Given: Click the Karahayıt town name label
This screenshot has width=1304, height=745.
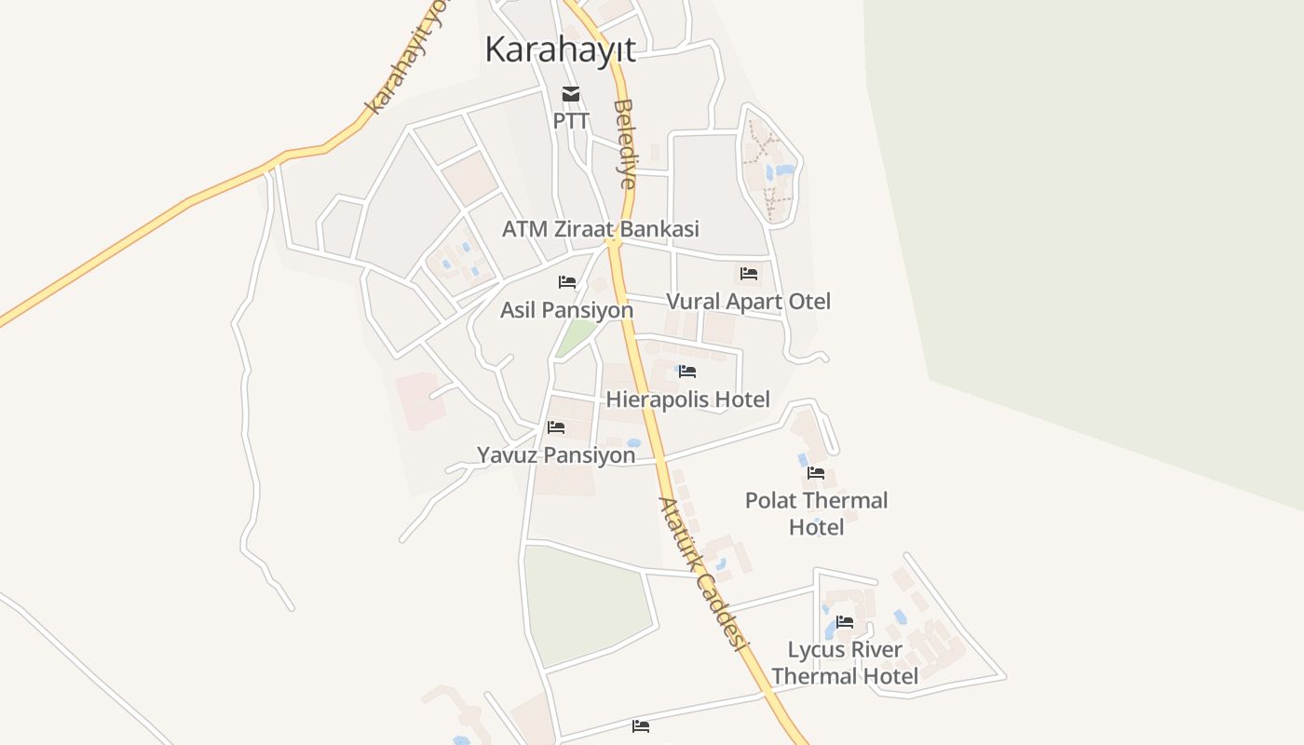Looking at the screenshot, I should click(x=560, y=49).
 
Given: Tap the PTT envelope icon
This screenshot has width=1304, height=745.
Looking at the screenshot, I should click(x=571, y=94).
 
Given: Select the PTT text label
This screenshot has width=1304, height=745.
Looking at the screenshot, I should click(x=571, y=121).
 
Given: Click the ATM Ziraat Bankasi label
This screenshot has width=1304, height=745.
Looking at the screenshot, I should click(x=600, y=229).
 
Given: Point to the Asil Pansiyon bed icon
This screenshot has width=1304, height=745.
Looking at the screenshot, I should click(x=567, y=282).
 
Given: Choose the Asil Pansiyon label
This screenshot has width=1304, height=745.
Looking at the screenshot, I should click(x=566, y=310).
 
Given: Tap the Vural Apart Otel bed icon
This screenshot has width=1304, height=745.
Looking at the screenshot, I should click(x=749, y=274).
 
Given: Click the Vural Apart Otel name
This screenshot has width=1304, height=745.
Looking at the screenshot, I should click(x=748, y=302).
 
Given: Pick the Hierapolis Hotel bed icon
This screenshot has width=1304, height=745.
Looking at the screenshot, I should click(x=687, y=372).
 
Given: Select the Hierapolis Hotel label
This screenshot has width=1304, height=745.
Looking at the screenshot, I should click(x=687, y=400).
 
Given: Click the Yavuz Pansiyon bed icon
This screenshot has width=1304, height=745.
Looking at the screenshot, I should click(x=556, y=427).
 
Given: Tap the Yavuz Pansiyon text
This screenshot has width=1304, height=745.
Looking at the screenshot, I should click(x=556, y=455).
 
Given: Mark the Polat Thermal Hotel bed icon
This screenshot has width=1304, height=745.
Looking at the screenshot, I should click(x=816, y=473).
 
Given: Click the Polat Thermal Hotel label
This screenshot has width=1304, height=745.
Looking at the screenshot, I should click(x=816, y=513).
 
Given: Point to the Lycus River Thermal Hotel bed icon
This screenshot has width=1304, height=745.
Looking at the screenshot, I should click(x=845, y=622).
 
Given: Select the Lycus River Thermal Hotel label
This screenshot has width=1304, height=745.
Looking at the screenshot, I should click(x=845, y=662).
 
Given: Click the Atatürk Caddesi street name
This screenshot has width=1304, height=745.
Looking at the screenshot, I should click(x=704, y=573).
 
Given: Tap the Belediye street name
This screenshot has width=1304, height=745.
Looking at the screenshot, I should click(x=625, y=144).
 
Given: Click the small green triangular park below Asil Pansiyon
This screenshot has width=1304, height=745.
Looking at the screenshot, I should click(x=577, y=337).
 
